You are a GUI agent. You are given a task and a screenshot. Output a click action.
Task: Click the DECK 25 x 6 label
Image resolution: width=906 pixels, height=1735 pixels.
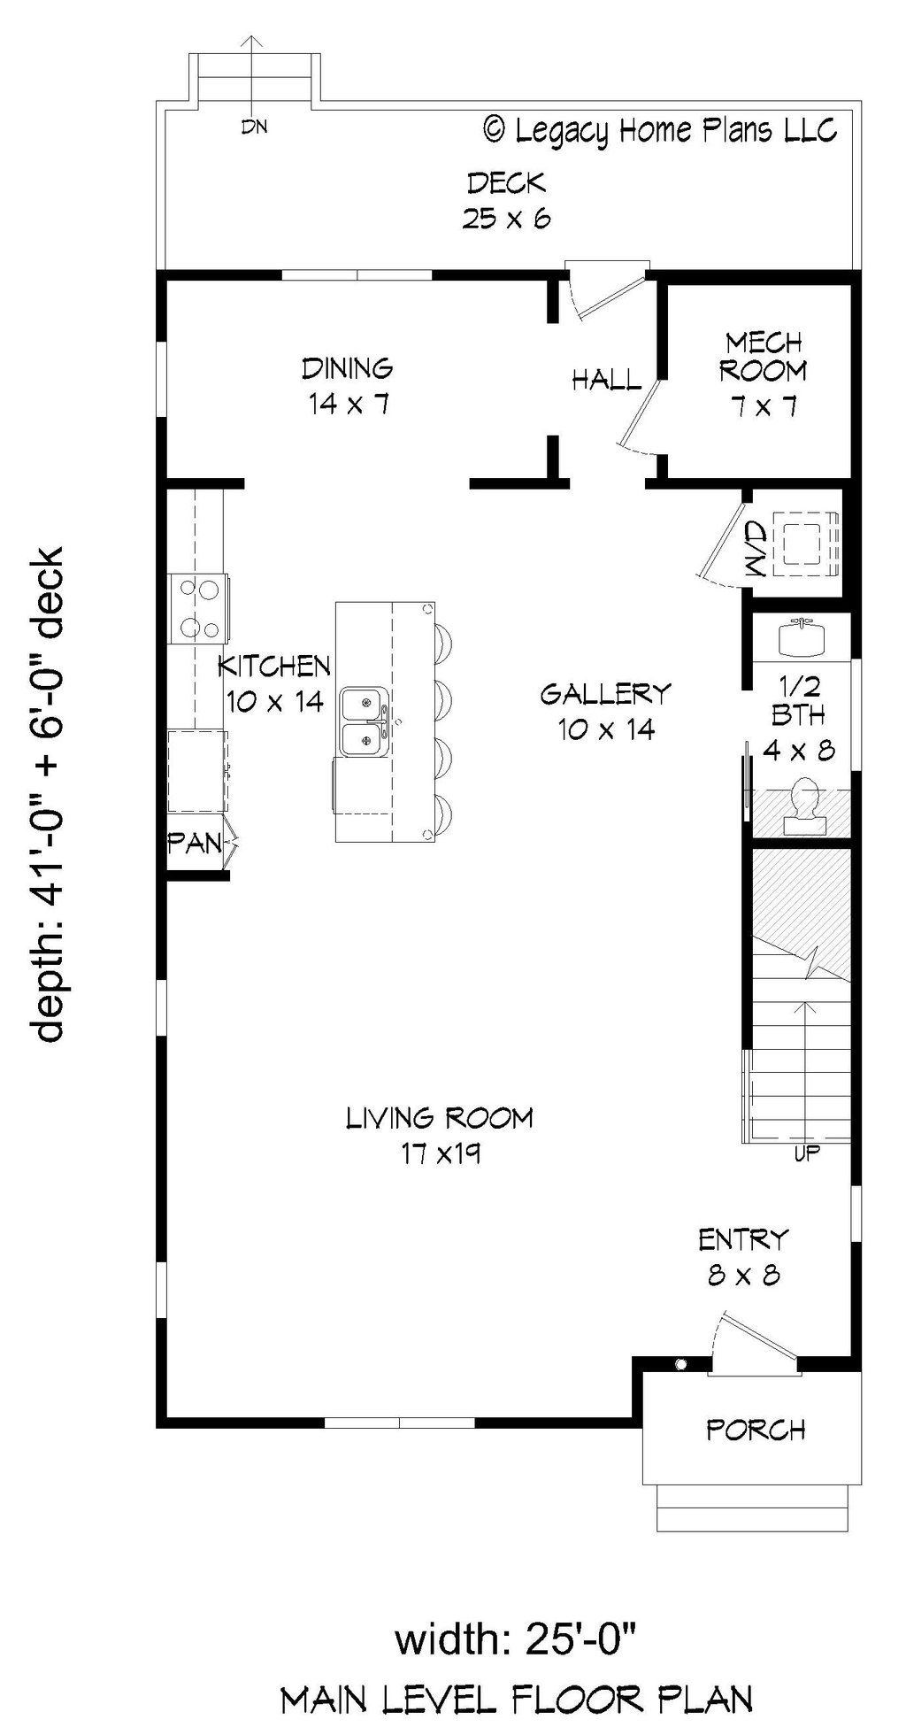click(506, 201)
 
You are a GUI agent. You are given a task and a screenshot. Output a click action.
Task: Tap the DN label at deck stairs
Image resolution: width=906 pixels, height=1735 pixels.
click(255, 127)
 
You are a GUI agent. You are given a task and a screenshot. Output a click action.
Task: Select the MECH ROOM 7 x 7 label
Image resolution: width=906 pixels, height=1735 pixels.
click(763, 374)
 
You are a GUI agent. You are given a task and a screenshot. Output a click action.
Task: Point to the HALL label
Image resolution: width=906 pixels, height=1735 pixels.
click(606, 381)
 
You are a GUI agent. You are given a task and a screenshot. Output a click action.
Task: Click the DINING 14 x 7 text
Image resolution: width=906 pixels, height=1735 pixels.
click(348, 386)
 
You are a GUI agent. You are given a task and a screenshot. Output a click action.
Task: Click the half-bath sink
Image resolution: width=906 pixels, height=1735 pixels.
click(802, 637)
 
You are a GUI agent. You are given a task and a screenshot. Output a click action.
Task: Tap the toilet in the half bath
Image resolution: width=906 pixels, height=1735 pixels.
click(805, 801)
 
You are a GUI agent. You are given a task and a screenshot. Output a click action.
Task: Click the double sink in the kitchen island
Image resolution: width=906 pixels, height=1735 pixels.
click(362, 721)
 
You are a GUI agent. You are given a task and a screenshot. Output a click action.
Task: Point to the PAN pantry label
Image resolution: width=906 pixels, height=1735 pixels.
click(195, 844)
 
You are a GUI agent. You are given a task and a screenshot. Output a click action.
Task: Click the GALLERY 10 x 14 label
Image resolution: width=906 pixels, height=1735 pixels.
click(606, 711)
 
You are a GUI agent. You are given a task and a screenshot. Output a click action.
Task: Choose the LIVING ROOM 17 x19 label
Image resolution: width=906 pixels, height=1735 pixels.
click(440, 1135)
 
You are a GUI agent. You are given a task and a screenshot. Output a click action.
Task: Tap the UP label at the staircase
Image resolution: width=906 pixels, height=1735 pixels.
click(807, 1153)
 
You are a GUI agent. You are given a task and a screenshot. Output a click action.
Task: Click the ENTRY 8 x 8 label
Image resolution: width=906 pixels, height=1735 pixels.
click(743, 1256)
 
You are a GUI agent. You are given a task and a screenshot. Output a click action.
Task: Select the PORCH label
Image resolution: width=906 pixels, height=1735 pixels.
click(755, 1429)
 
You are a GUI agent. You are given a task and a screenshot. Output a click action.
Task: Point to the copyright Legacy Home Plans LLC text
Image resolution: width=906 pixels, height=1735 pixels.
click(660, 131)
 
